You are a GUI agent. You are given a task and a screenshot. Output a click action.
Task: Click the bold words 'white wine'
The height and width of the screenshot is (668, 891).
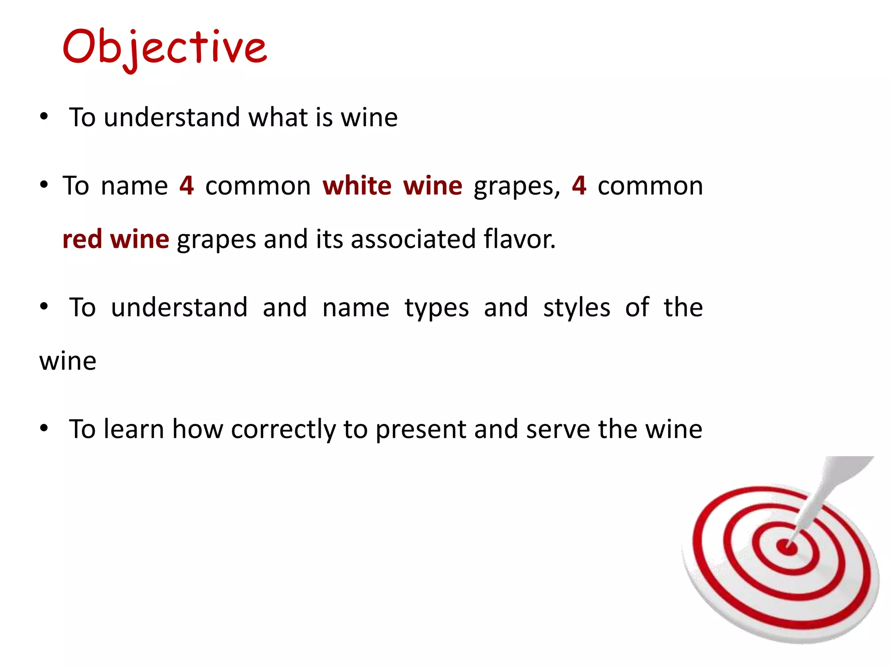[392, 186]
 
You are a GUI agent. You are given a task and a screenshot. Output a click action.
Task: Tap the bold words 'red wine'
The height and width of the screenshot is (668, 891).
[116, 239]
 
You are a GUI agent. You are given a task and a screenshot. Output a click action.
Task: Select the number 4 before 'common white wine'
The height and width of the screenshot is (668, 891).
[187, 186]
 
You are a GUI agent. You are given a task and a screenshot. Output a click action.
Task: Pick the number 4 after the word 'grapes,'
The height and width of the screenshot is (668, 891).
[579, 186]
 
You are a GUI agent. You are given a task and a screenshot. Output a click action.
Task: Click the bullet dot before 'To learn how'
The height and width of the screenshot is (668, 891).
[44, 429]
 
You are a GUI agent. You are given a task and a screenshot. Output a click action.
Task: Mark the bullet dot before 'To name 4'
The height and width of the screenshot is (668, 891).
[44, 185]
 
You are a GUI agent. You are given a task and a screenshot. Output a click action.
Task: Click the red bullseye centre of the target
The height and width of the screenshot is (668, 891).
[787, 547]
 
